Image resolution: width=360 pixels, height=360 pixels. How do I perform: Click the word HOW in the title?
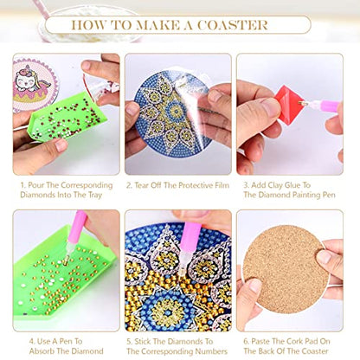point(93,24)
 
